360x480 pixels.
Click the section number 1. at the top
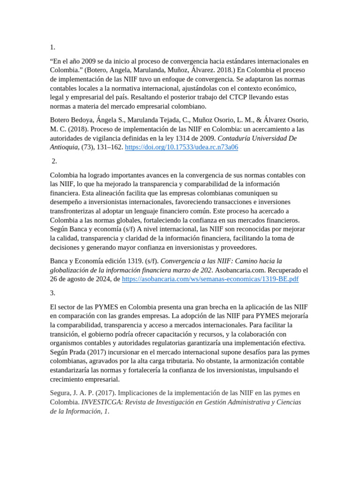tap(52, 47)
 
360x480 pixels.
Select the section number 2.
tap(54, 161)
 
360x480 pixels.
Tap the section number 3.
tap(52, 293)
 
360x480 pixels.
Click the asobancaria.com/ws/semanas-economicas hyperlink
tap(210, 279)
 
